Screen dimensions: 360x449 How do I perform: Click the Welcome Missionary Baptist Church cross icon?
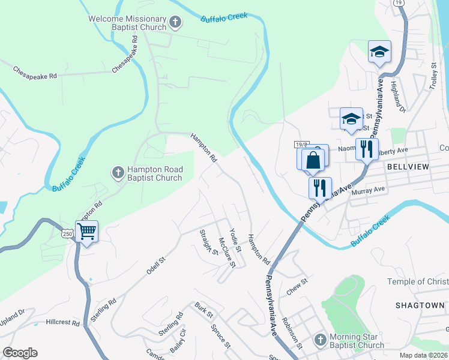coord(175,23)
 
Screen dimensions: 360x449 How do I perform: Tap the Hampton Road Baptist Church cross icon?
coord(118,173)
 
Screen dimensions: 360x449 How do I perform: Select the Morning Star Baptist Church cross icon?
coord(320,340)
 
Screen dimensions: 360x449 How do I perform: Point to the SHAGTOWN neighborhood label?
coord(420,305)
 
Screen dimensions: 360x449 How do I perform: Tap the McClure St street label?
coord(228,252)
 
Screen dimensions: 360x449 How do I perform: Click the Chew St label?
coord(297,281)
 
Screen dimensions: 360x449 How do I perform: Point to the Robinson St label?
coord(293,331)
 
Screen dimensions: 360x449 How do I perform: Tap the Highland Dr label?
coord(398,97)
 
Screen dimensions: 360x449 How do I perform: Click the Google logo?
coord(20,353)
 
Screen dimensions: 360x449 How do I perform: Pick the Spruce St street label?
coord(221,336)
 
